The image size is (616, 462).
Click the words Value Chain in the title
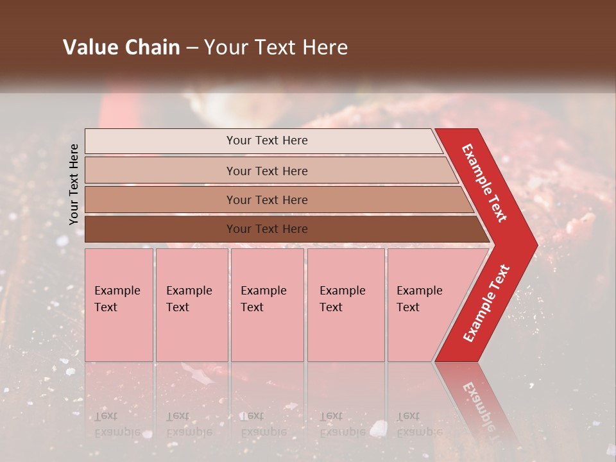pyautogui.click(x=121, y=47)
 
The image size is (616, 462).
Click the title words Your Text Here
pyautogui.click(x=276, y=47)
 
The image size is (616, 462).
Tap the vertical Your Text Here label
pyautogui.click(x=74, y=184)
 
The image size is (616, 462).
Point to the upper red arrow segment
pyautogui.click(x=485, y=183)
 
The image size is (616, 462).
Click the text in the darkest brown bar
pyautogui.click(x=267, y=229)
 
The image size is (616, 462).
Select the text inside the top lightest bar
pyautogui.click(x=267, y=141)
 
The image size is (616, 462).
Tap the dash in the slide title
pyautogui.click(x=192, y=48)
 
